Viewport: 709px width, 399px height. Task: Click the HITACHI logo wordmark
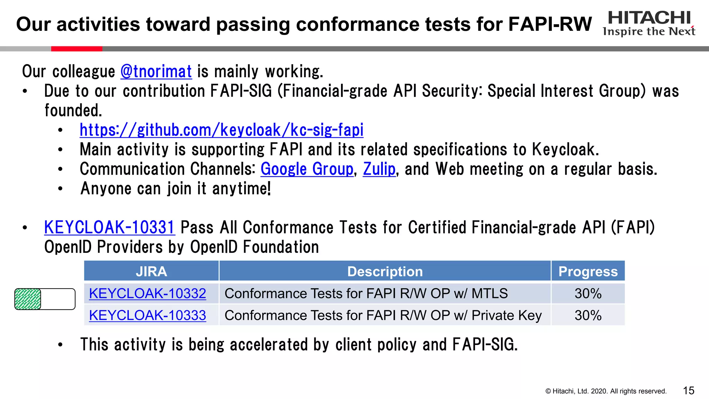pos(649,18)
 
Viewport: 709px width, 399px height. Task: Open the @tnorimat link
pos(156,72)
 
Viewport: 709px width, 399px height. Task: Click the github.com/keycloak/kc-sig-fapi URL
pos(222,130)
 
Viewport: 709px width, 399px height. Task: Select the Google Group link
pos(307,169)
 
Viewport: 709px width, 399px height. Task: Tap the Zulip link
pos(379,169)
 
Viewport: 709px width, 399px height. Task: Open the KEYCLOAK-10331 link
pos(109,228)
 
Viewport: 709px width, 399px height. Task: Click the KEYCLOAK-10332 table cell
pos(147,294)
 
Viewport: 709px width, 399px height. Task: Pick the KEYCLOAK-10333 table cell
pos(147,316)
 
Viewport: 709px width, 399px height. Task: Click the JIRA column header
pos(151,272)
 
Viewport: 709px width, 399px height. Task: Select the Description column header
pos(385,272)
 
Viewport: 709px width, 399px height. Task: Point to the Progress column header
pos(588,272)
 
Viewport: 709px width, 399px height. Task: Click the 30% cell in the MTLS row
pos(588,294)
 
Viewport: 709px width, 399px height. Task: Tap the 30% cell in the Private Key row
pos(588,316)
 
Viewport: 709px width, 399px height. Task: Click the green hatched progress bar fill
pos(28,299)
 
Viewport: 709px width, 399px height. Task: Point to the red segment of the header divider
pos(77,49)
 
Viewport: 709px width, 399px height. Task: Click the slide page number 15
pos(689,391)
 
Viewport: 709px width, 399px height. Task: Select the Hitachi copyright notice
pos(606,391)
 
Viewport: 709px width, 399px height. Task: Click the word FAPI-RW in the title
pos(550,24)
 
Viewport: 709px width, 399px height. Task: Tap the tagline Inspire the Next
pos(649,32)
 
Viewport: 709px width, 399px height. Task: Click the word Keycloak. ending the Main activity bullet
pos(565,150)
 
